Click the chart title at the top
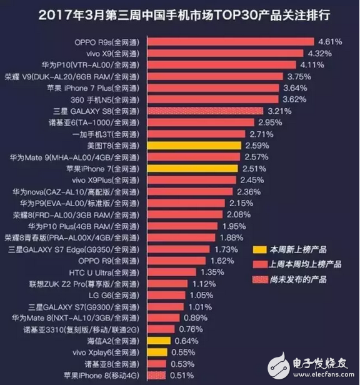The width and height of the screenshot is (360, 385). click(x=179, y=14)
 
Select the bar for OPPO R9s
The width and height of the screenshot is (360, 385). click(x=231, y=42)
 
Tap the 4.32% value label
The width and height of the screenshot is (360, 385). click(x=320, y=53)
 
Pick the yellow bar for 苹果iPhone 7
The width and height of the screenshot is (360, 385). click(x=193, y=167)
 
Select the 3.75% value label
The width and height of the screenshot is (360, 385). click(x=301, y=76)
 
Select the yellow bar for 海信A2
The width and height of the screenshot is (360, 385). click(x=159, y=341)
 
